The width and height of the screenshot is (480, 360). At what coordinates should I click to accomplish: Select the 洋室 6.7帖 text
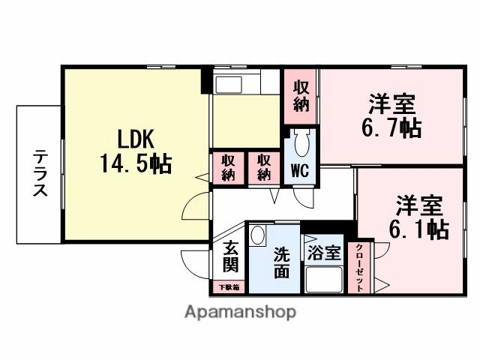coord(391,115)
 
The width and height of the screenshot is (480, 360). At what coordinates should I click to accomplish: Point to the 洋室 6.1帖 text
coord(418,217)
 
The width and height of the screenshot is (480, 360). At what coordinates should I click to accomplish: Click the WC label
coord(300,170)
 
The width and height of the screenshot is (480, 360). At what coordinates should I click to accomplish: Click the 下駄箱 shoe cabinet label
coord(229,287)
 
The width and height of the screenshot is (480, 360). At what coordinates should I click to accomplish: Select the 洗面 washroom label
coord(280,262)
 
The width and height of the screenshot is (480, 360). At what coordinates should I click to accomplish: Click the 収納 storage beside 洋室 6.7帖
coord(301,96)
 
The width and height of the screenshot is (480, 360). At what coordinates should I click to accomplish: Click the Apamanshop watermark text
coord(240,310)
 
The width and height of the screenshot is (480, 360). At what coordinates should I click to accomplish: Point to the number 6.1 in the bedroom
coord(408,229)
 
